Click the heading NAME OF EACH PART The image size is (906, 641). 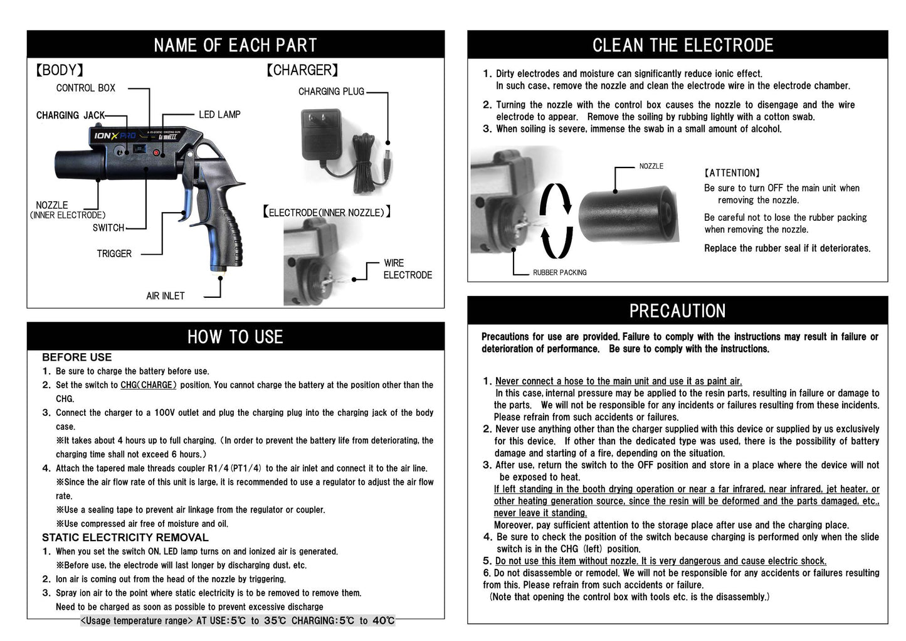(x=235, y=45)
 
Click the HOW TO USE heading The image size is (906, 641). (x=235, y=337)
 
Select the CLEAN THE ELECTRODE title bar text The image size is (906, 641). (x=682, y=45)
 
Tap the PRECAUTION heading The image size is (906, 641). (x=677, y=311)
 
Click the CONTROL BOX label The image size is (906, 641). (x=86, y=88)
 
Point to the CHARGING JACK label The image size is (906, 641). (x=70, y=115)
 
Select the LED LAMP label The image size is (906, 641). (x=219, y=115)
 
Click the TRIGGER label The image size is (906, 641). (x=114, y=254)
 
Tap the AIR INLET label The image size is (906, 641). (x=166, y=296)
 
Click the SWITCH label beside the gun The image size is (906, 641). (x=108, y=228)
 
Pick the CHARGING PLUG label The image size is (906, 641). (x=331, y=92)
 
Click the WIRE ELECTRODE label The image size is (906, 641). (x=407, y=269)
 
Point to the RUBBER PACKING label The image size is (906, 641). (x=559, y=273)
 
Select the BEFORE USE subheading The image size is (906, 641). (x=76, y=358)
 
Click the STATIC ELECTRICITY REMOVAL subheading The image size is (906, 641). (x=125, y=538)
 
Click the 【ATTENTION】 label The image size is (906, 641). (x=732, y=173)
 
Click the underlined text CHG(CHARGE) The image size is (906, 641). (x=149, y=385)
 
